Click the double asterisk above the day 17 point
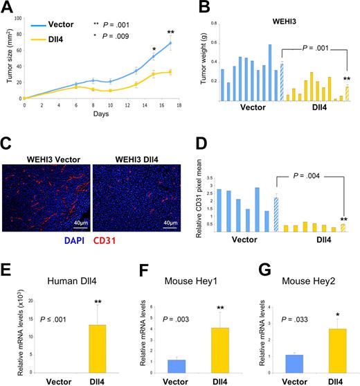(169, 33)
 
